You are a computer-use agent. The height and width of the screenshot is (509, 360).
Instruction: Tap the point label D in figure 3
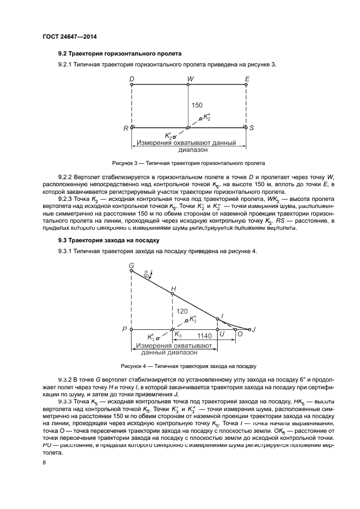[132, 78]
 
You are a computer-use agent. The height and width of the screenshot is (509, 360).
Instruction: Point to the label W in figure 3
[190, 78]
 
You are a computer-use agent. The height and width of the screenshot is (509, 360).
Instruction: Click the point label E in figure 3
[247, 78]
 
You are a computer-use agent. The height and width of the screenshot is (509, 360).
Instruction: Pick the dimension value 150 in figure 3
[197, 105]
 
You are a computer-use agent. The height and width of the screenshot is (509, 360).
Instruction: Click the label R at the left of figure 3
[126, 128]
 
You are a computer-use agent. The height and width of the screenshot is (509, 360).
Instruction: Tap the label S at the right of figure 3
[252, 128]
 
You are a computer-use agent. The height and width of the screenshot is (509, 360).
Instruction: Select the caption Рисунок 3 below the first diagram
[188, 163]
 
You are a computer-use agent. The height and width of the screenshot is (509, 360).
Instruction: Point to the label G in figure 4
[131, 265]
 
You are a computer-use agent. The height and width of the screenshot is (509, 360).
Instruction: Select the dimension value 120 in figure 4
[181, 311]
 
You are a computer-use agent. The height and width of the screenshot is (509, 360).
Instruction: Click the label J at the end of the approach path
[253, 329]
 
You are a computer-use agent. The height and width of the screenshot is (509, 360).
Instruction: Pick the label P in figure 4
[125, 329]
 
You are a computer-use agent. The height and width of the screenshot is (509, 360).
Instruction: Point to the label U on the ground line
[222, 336]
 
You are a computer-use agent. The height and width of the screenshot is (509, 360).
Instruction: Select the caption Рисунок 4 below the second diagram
[184, 366]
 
